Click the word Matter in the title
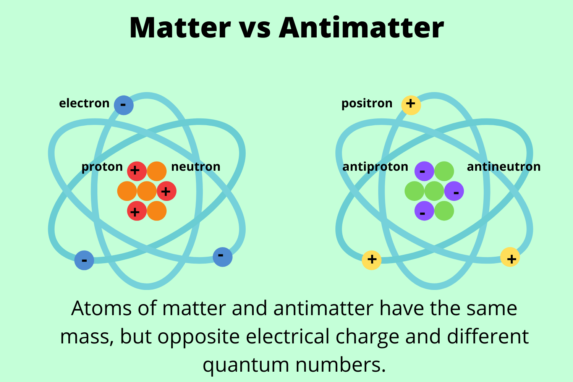(x=180, y=28)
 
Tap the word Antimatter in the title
(x=361, y=28)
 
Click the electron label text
(x=84, y=104)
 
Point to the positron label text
(x=367, y=104)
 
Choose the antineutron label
(x=504, y=167)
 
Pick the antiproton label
(x=375, y=167)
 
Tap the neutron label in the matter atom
(x=196, y=167)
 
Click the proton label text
(x=102, y=167)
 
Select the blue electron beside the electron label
(x=124, y=105)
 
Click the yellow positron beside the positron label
(x=411, y=105)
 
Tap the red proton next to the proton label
(x=137, y=171)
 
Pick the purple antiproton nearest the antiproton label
(x=424, y=171)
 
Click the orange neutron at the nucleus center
(x=147, y=191)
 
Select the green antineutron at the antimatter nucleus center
(x=434, y=191)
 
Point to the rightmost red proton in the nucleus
(x=167, y=191)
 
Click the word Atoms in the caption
(x=101, y=308)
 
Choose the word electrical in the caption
(x=288, y=337)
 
